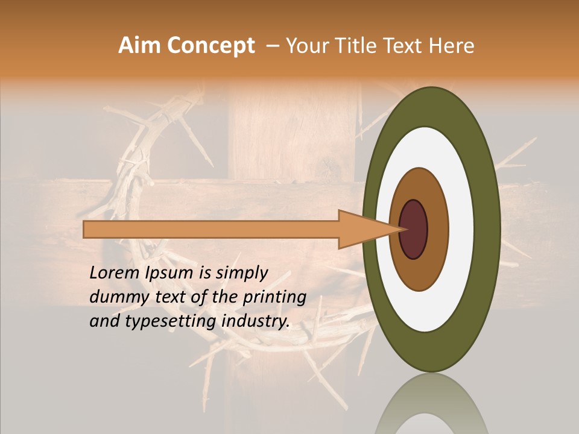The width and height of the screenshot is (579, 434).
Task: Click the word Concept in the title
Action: [x=210, y=46]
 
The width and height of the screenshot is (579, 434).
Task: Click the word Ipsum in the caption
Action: [x=169, y=273]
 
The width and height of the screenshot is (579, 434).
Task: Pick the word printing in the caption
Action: [x=275, y=297]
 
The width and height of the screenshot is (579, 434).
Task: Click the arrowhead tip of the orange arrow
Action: [x=402, y=229]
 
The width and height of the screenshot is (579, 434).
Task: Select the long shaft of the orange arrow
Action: [x=211, y=229]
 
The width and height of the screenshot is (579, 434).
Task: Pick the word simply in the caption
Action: [x=241, y=273]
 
